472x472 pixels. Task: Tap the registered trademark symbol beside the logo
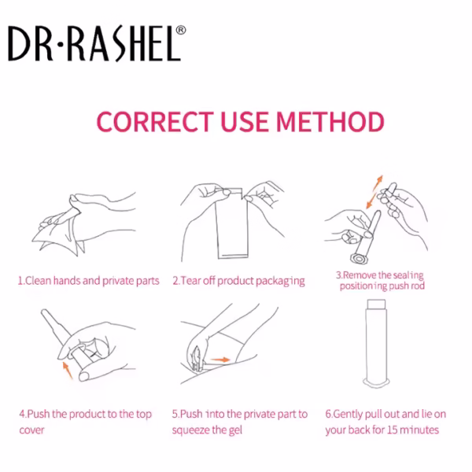coord(180,31)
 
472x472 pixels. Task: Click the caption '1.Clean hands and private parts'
coord(88,281)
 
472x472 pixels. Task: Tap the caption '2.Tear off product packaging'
coord(238,281)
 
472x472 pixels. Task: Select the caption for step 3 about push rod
coord(381,281)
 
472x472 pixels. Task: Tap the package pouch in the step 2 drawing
coord(233,228)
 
